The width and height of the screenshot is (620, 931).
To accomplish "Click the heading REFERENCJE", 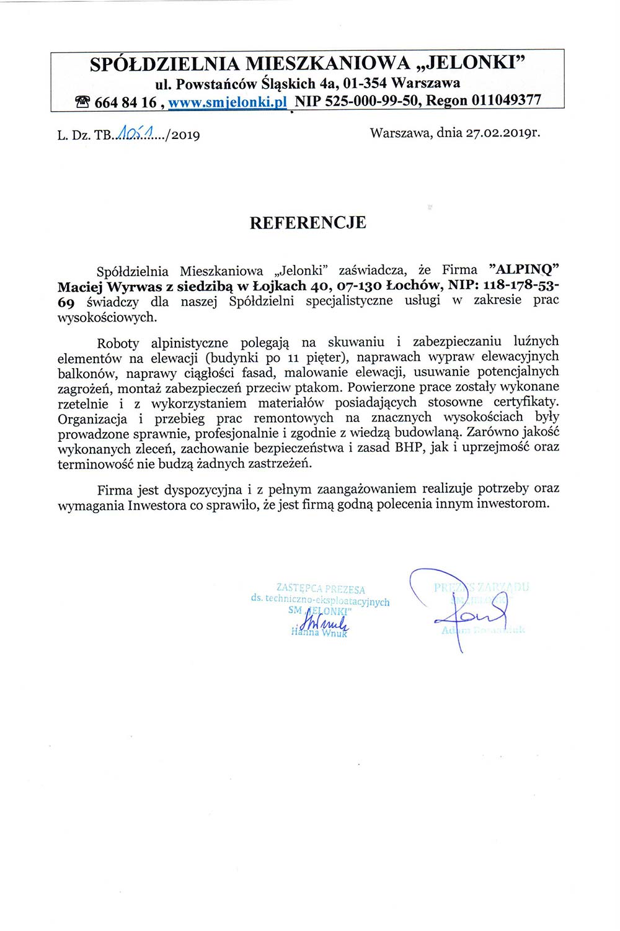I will [x=308, y=223].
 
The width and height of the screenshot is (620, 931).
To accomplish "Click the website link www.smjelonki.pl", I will [x=227, y=102].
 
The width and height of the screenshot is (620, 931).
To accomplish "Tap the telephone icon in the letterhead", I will [x=82, y=102].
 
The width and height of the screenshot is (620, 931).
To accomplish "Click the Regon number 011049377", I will [x=506, y=101].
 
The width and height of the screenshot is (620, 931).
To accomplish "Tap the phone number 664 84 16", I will [x=125, y=102].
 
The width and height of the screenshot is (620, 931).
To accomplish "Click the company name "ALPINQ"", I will [x=524, y=270].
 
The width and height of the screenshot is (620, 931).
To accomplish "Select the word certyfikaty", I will [x=528, y=402].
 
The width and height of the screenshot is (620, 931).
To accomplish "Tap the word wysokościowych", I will [x=107, y=317].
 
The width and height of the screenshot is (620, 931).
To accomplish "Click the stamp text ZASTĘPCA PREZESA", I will [x=321, y=589].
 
